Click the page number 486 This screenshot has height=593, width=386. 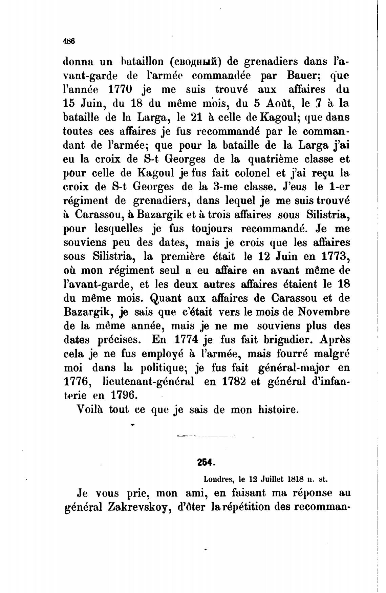pos(68,41)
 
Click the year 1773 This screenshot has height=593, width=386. pos(334,256)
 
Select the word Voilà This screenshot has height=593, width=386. pos(90,410)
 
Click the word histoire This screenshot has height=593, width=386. pos(278,410)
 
